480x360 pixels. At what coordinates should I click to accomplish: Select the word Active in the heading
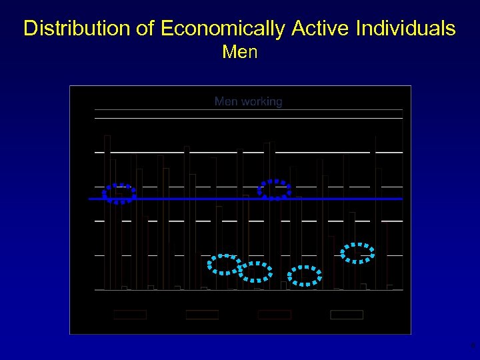[x=319, y=29]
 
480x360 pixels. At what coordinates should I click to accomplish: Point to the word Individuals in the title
[x=406, y=29]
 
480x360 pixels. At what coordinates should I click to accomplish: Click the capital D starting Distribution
[x=30, y=29]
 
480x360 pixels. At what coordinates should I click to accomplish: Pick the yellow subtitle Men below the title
[x=240, y=51]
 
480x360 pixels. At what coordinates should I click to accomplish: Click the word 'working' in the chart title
[x=261, y=102]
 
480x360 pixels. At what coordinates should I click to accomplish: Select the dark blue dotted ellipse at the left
[x=119, y=193]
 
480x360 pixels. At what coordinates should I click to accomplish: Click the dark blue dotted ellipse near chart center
[x=274, y=190]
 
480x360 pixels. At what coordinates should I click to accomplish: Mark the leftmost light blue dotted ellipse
[x=225, y=265]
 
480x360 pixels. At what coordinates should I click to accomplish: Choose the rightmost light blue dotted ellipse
[x=357, y=253]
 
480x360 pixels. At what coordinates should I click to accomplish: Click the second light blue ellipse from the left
[x=255, y=271]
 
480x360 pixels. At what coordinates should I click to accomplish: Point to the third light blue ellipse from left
[x=305, y=275]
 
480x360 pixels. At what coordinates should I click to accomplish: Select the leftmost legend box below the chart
[x=130, y=315]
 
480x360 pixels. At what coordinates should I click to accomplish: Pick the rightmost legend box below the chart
[x=347, y=315]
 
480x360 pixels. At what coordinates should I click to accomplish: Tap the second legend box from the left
[x=202, y=315]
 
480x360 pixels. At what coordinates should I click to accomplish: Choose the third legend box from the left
[x=274, y=315]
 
